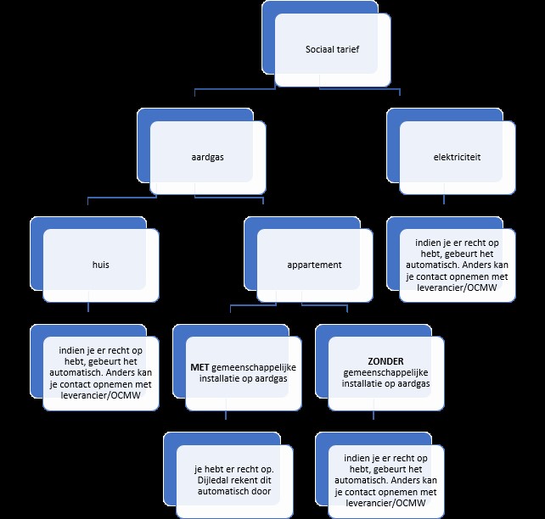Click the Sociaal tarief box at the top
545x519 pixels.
coord(333,50)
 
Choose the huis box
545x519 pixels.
coord(101,265)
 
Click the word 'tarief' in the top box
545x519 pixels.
coord(346,50)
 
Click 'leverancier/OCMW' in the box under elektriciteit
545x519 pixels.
coord(458,288)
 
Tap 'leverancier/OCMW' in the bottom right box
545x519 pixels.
coord(386,502)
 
